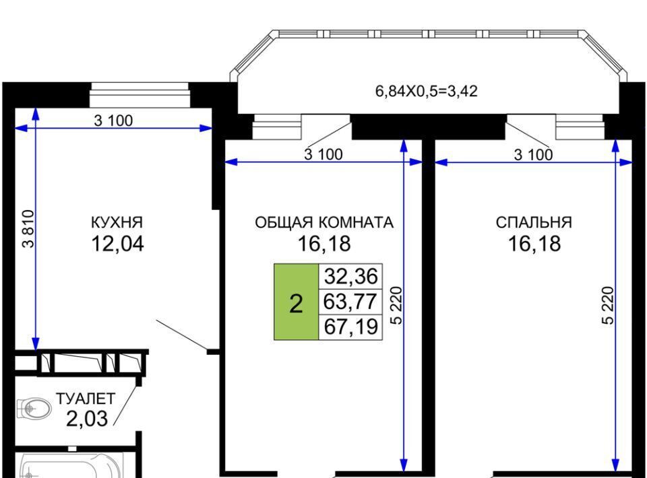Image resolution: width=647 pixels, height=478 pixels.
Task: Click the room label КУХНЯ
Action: (117, 223)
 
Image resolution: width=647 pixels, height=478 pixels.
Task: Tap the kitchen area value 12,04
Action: (117, 244)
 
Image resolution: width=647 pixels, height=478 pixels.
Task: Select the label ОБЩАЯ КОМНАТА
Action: (324, 223)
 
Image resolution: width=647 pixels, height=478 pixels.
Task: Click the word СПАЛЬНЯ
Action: (534, 223)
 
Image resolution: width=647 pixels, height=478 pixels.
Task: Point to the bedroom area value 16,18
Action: (534, 244)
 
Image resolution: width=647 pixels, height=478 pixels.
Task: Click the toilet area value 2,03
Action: (87, 419)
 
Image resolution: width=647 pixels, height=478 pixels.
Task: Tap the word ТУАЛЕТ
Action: (86, 399)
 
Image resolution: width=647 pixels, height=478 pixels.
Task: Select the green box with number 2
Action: (297, 302)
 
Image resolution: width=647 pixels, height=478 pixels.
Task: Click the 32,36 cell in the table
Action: (350, 276)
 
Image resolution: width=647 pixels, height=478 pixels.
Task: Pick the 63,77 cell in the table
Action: (350, 302)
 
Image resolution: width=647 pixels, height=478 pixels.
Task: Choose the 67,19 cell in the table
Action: (350, 327)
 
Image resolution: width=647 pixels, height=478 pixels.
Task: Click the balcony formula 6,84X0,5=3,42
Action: (426, 91)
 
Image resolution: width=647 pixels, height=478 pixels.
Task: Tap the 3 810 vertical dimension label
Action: (28, 229)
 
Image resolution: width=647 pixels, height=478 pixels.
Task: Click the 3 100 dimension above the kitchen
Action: (113, 121)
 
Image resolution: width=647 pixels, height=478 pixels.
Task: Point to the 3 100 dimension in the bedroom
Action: (533, 155)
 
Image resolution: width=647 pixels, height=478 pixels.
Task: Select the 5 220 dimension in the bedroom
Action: (608, 306)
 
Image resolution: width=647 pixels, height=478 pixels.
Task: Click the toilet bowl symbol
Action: (34, 409)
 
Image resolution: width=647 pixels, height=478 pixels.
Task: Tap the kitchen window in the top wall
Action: (140, 95)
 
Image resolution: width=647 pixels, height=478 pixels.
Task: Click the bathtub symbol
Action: (72, 466)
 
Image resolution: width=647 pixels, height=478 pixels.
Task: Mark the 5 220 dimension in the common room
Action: (396, 306)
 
